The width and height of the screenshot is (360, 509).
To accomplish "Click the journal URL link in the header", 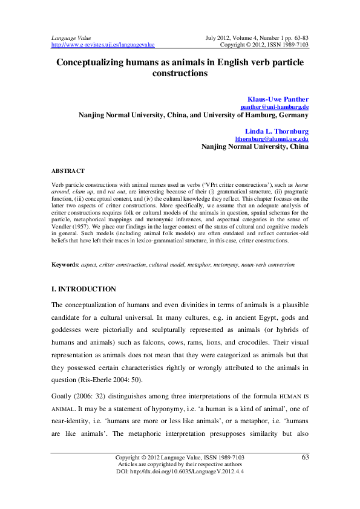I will pyautogui.click(x=103, y=45).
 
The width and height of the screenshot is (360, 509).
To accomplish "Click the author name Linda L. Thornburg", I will pyautogui.click(x=277, y=131).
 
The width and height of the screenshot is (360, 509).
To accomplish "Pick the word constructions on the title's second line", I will pyautogui.click(x=180, y=74).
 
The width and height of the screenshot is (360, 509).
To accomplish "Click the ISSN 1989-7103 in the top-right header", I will pyautogui.click(x=287, y=45).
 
